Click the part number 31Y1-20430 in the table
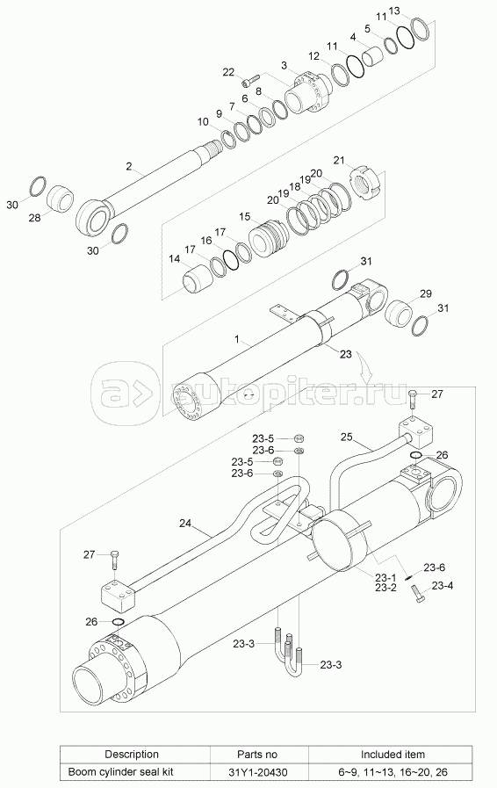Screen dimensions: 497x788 tap(256, 771)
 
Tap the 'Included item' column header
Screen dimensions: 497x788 tap(393, 755)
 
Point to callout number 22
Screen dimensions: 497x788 tap(228, 72)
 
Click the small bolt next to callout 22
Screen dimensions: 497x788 tap(249, 79)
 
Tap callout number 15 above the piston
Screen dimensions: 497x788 tap(245, 217)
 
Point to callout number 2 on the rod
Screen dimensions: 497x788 tap(129, 166)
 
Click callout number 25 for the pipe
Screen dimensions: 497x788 tap(346, 437)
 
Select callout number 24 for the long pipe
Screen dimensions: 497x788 tap(185, 524)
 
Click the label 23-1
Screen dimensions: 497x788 tap(385, 578)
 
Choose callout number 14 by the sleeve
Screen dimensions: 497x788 tap(175, 259)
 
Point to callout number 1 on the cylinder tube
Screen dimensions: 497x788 tap(237, 339)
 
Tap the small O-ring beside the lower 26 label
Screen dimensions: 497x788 tap(118, 622)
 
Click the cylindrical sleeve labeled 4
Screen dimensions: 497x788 tap(374, 55)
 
